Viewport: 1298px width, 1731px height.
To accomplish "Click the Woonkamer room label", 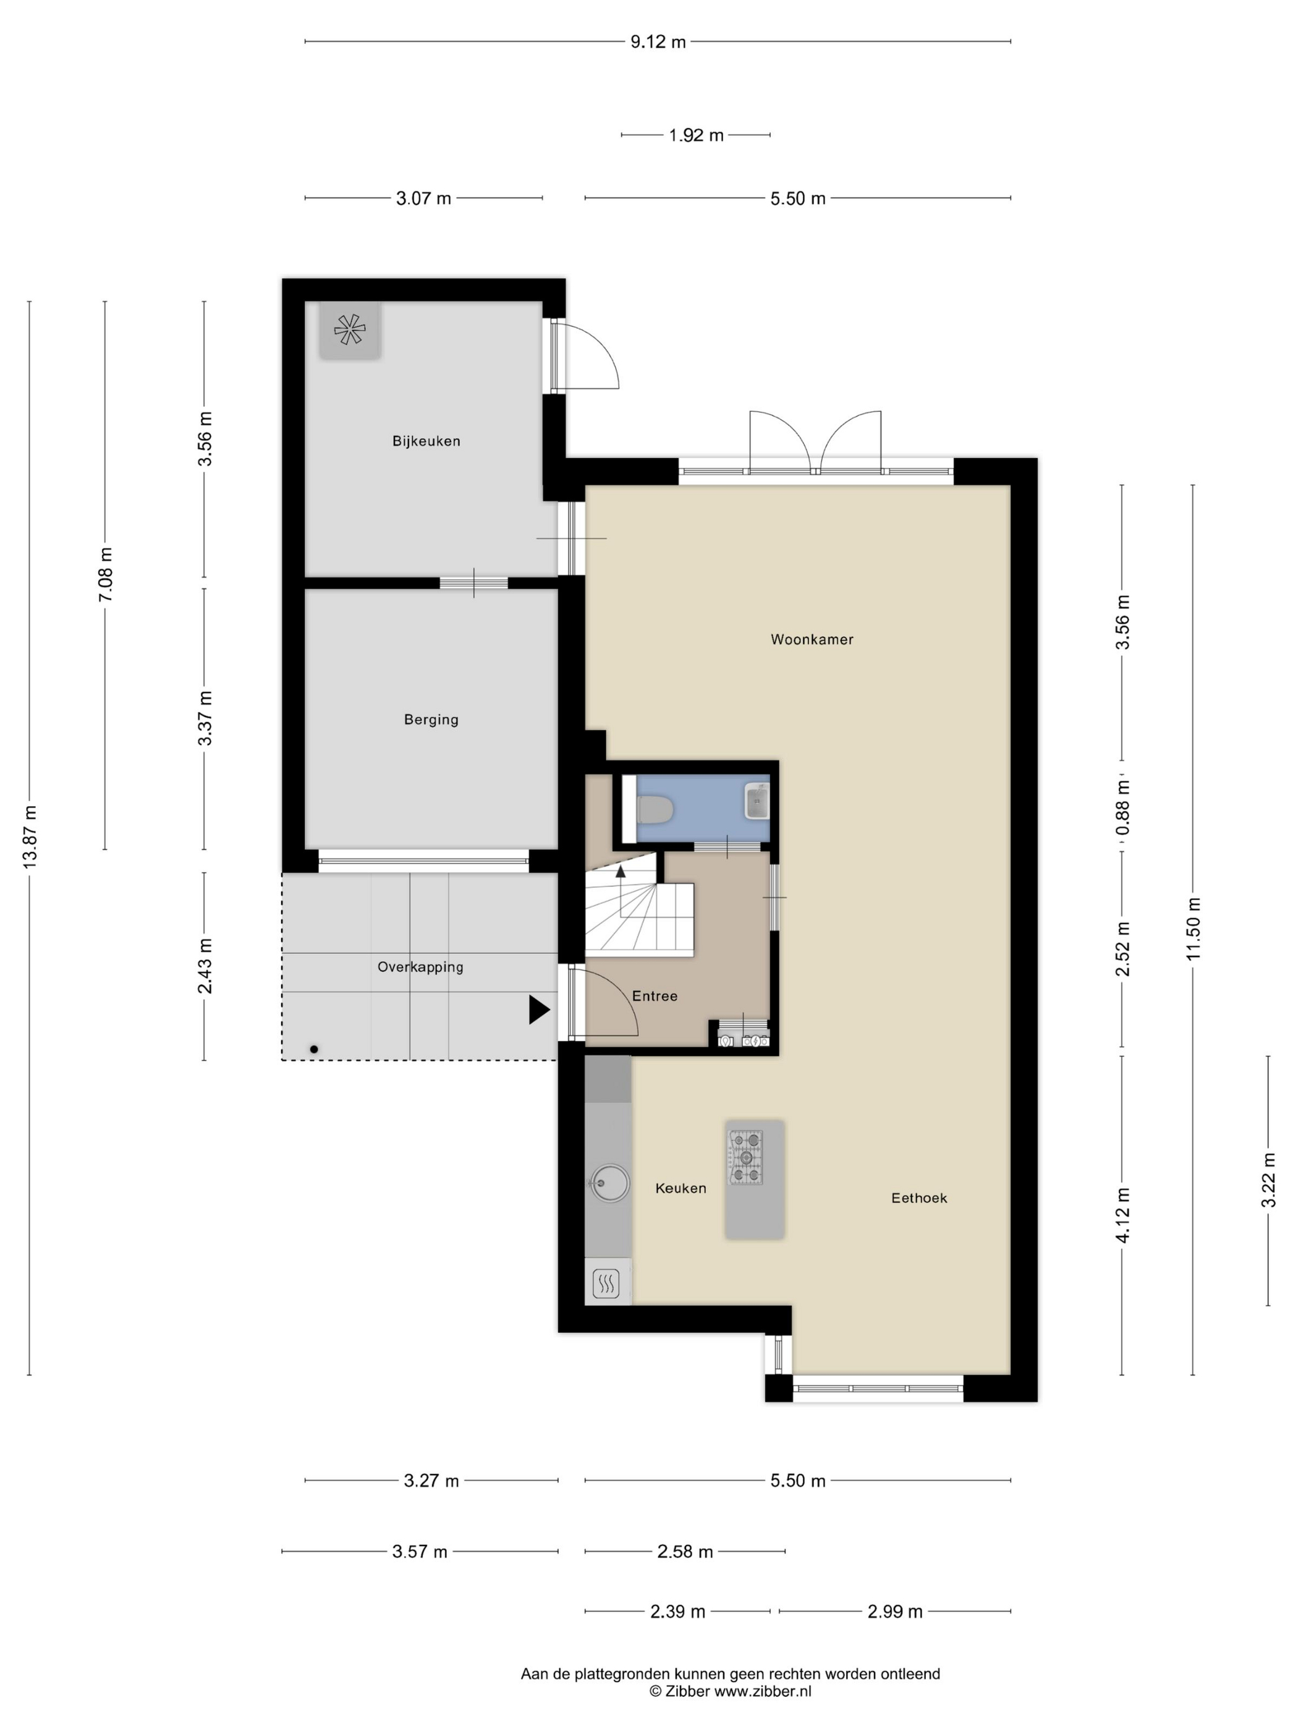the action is tap(812, 639).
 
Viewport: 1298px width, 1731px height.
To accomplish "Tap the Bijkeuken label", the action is tap(426, 441).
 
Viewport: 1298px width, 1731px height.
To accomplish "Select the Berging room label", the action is tap(431, 719).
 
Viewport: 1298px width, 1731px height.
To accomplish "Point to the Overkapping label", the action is tap(420, 968).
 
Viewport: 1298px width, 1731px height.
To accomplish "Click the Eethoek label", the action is tap(919, 1198).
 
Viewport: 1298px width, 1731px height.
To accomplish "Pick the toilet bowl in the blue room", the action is tap(655, 810).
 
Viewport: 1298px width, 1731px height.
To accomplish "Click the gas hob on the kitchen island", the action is tap(745, 1157).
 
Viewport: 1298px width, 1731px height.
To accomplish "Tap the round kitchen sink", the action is tap(609, 1183).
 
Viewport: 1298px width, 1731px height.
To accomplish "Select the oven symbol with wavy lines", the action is tap(607, 1283).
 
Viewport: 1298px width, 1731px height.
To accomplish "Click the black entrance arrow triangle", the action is tap(538, 1010).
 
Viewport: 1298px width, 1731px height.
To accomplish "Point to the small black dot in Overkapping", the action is tap(314, 1049).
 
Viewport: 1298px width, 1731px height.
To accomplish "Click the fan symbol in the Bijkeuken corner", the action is tap(350, 330).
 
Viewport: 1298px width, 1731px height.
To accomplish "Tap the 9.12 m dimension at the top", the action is tap(658, 41).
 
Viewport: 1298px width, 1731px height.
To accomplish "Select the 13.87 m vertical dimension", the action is tap(30, 836).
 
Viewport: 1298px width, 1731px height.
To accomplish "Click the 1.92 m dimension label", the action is tap(695, 135).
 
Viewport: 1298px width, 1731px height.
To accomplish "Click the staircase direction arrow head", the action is tap(621, 870).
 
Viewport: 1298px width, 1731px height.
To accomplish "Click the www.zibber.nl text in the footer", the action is tap(763, 1690).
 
